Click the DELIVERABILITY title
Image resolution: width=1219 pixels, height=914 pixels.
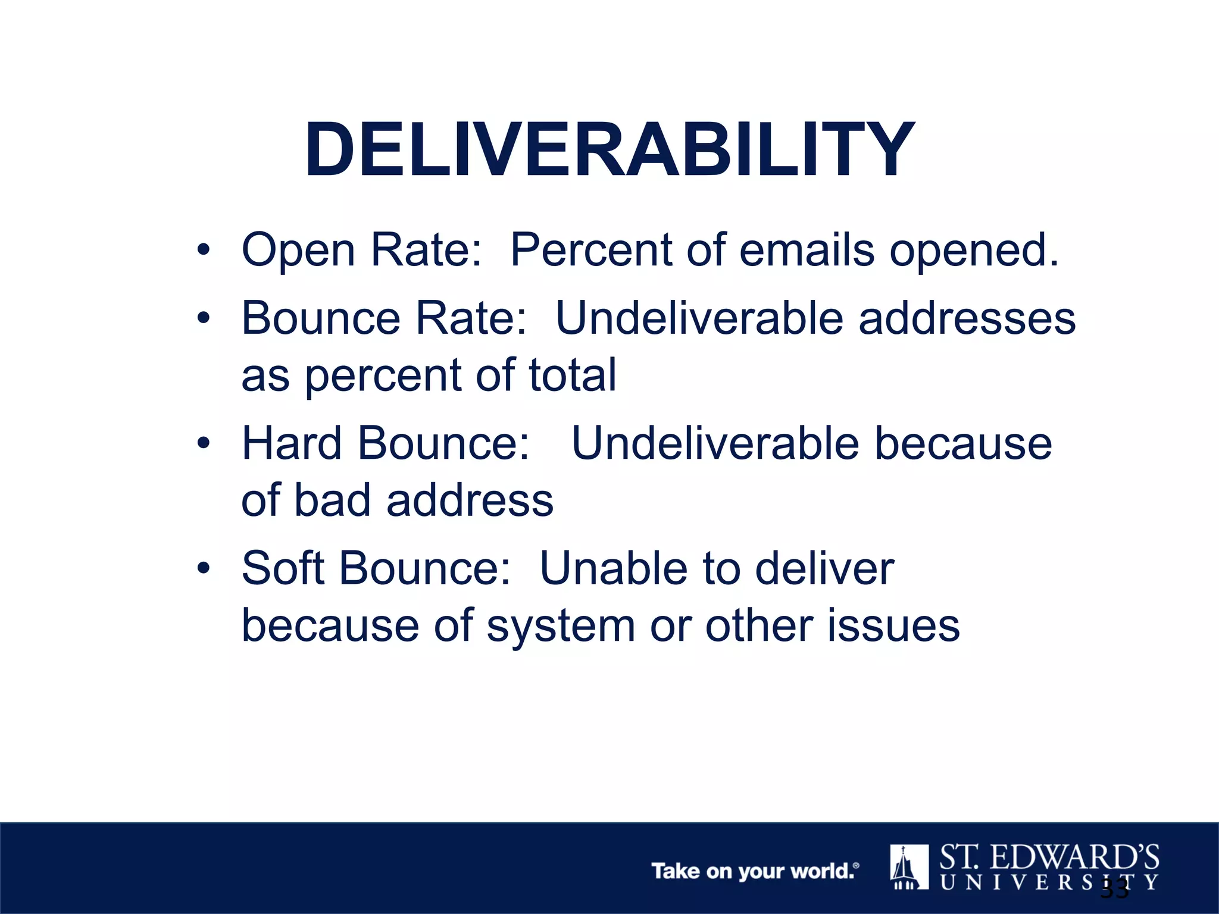click(609, 149)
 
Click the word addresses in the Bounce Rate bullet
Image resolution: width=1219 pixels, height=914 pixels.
click(967, 318)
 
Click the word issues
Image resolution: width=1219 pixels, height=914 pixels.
click(893, 626)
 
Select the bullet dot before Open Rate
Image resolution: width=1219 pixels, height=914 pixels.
click(204, 250)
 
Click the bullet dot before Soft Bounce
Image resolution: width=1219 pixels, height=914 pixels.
click(204, 568)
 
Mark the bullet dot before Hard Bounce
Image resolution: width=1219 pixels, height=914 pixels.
click(204, 443)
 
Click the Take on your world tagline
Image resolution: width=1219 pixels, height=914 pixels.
click(755, 871)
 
